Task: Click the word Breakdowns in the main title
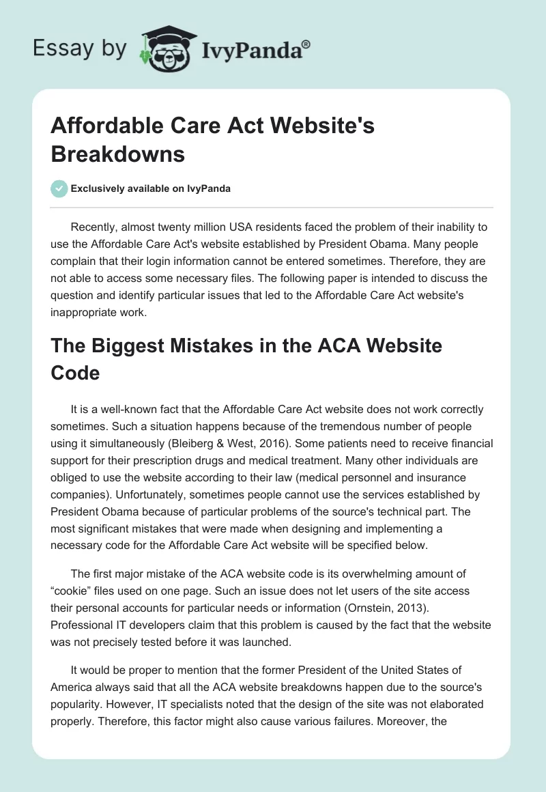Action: coord(118,154)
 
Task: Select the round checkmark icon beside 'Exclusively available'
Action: coord(59,188)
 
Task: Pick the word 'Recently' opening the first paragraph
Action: coord(94,227)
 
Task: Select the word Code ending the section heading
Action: coord(76,373)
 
